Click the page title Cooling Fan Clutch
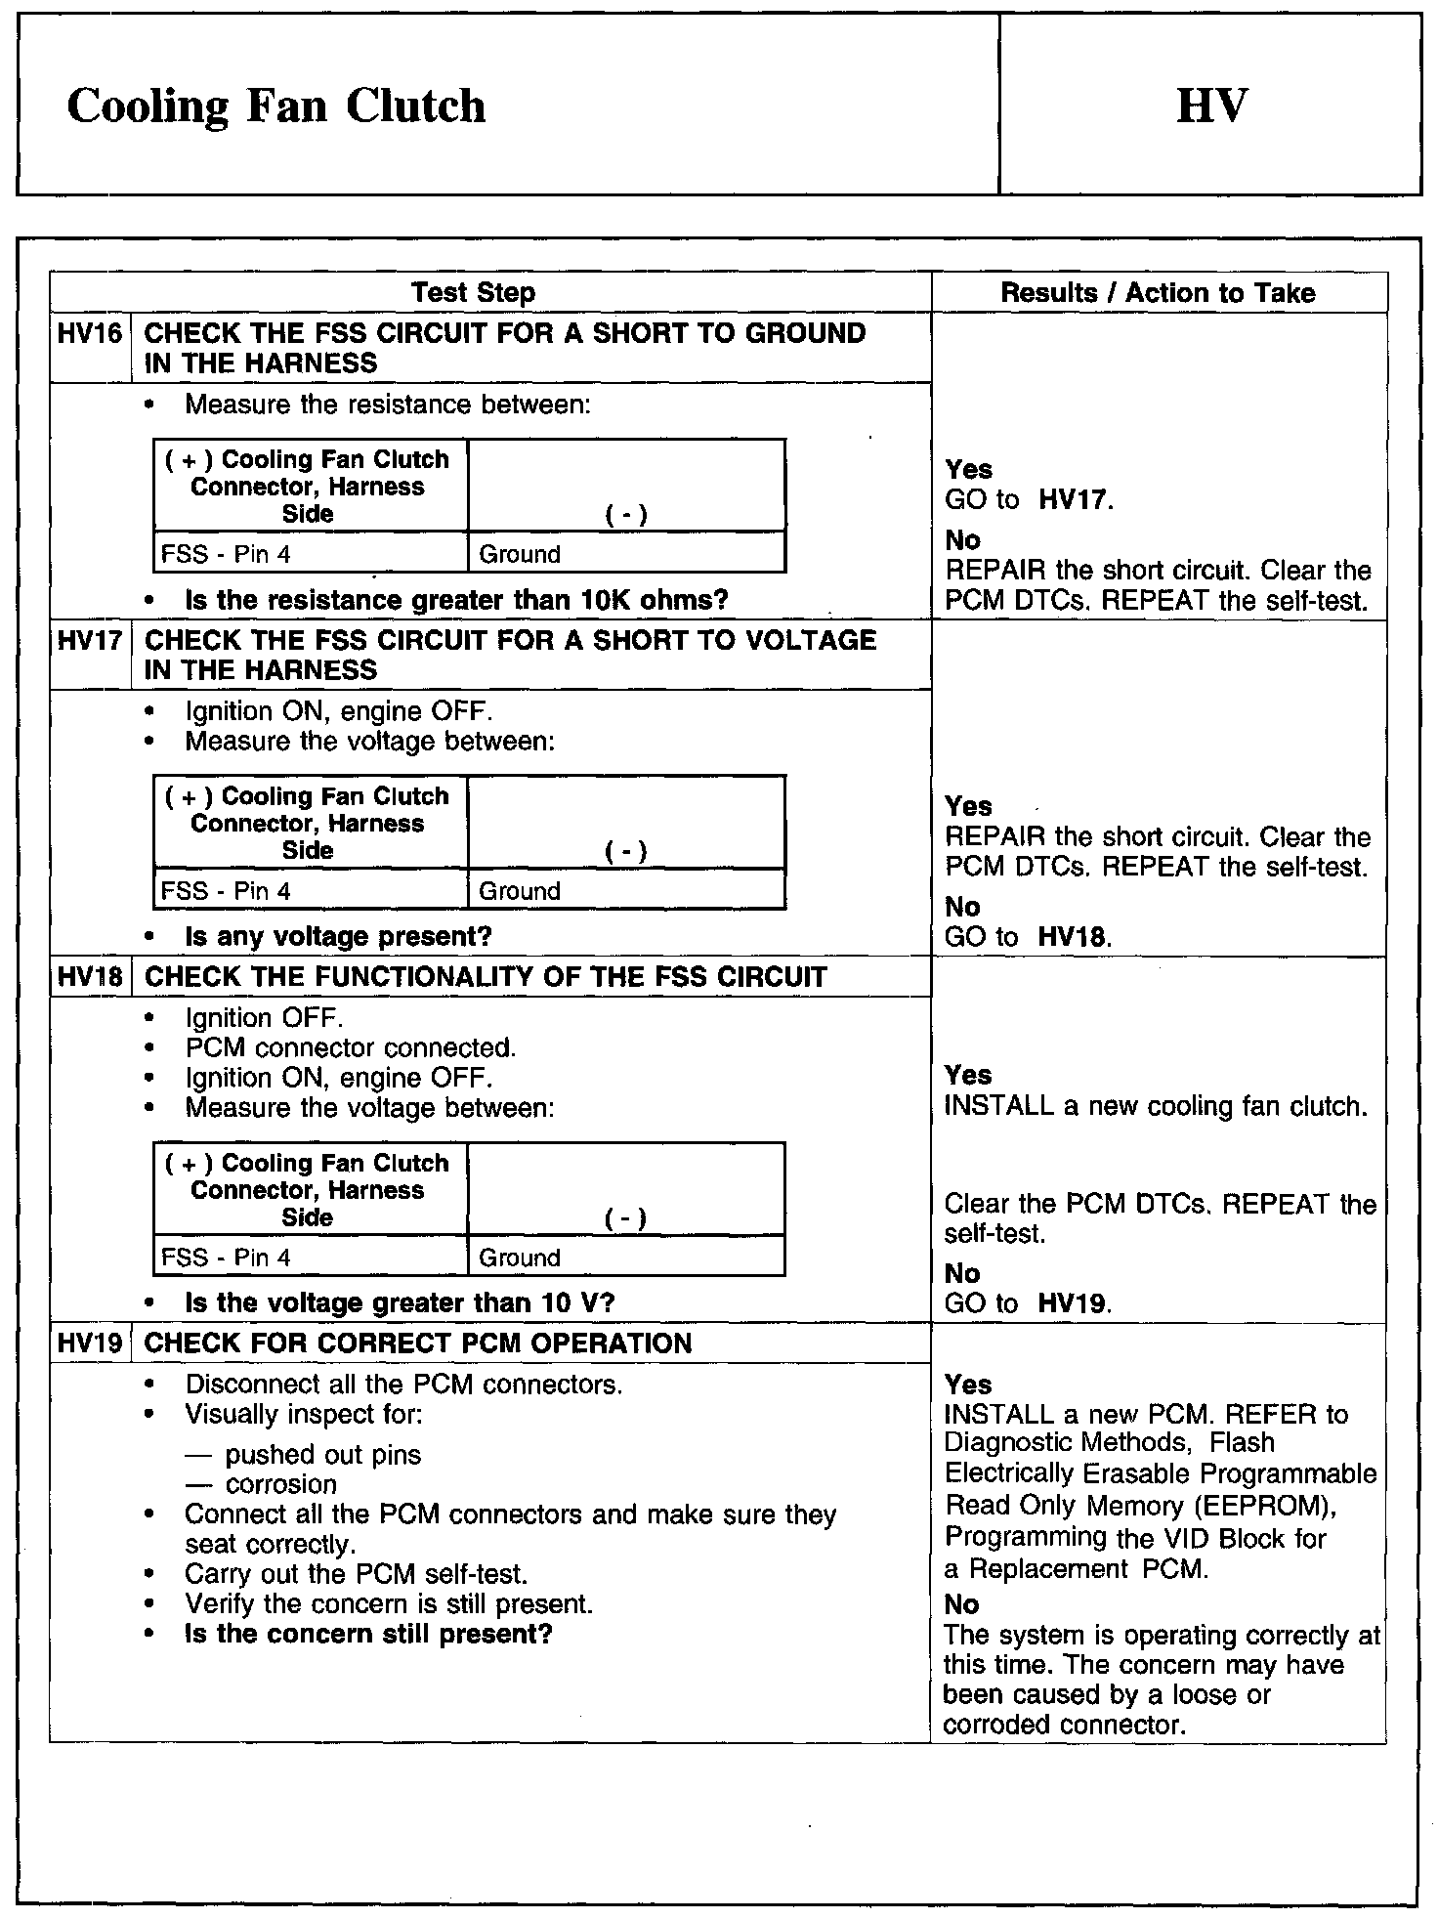(275, 106)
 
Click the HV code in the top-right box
(1211, 106)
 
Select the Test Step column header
(473, 292)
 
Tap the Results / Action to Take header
(1158, 292)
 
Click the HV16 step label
(90, 334)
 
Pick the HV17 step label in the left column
(90, 641)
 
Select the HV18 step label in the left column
(90, 977)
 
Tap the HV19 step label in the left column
(90, 1343)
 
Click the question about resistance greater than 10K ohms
(456, 600)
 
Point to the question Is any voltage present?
(338, 936)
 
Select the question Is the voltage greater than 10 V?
(400, 1302)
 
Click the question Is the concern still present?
(368, 1634)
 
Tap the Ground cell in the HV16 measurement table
(520, 554)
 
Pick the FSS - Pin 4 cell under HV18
(226, 1258)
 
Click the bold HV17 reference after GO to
(1073, 500)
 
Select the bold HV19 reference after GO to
(1073, 1303)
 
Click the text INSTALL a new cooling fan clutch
(1156, 1106)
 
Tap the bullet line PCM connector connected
(351, 1047)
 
